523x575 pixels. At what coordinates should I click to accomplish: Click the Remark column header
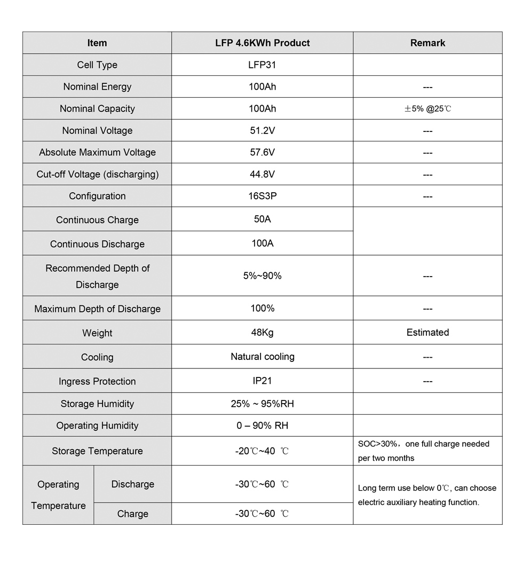tap(427, 43)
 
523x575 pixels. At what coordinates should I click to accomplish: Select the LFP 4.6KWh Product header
tap(262, 43)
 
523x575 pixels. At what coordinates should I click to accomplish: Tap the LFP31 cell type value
tap(262, 65)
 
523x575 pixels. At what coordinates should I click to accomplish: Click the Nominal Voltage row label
tap(97, 131)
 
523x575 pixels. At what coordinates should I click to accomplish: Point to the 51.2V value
tap(262, 131)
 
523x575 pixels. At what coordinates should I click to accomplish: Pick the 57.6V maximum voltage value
tap(262, 153)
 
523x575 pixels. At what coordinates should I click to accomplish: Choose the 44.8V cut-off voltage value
tap(262, 175)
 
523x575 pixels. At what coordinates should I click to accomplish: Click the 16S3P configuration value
tap(262, 196)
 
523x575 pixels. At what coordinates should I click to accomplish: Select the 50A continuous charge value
tap(262, 219)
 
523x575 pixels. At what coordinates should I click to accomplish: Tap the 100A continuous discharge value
tap(262, 243)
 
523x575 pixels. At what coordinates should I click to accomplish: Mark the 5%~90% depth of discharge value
tap(262, 276)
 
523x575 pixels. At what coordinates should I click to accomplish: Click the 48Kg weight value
tap(262, 333)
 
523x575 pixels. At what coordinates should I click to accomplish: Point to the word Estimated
tap(427, 333)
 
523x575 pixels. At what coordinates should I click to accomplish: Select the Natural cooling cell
tap(262, 357)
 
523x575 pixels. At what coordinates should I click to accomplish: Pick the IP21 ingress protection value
tap(262, 381)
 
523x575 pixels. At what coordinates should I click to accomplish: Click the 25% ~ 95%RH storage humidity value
tap(262, 404)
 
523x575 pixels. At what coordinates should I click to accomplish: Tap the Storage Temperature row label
tap(97, 451)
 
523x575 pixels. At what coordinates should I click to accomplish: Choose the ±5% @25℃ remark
tap(427, 109)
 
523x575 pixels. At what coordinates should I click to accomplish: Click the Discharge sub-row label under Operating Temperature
tap(132, 484)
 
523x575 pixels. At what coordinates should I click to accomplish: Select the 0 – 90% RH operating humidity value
tap(262, 426)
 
